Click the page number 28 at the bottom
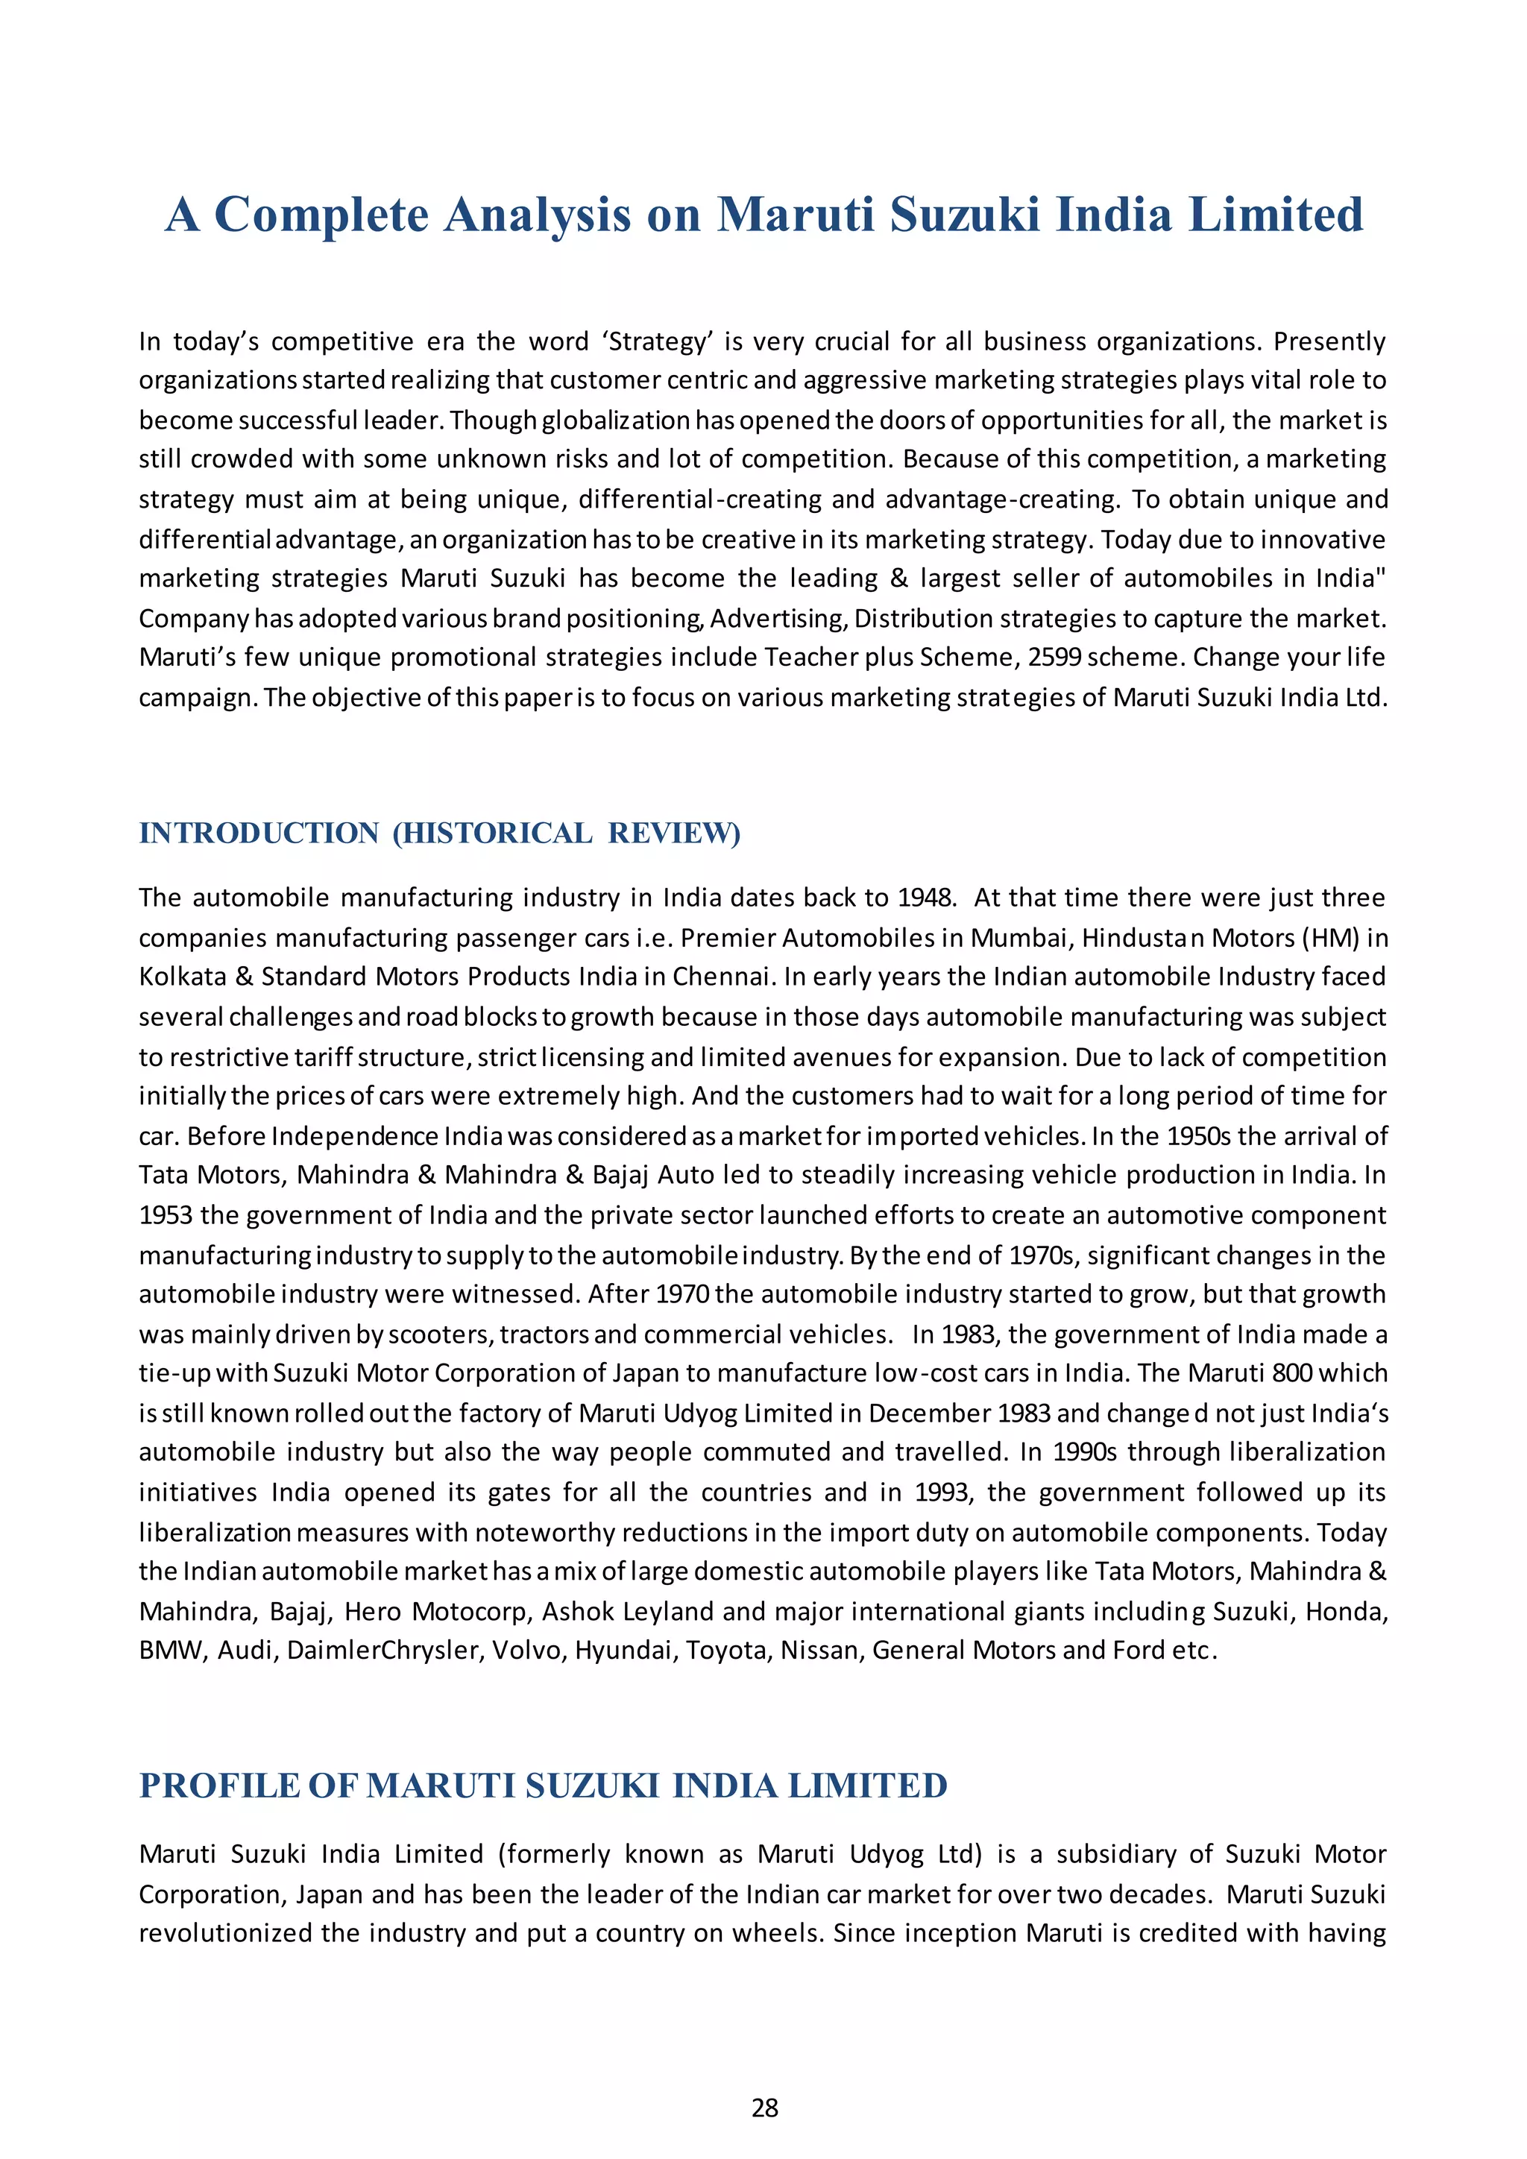pyautogui.click(x=764, y=2108)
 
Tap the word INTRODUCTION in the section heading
pyautogui.click(x=259, y=833)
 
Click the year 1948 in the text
pyautogui.click(x=926, y=898)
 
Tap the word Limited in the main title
pyautogui.click(x=1276, y=215)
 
